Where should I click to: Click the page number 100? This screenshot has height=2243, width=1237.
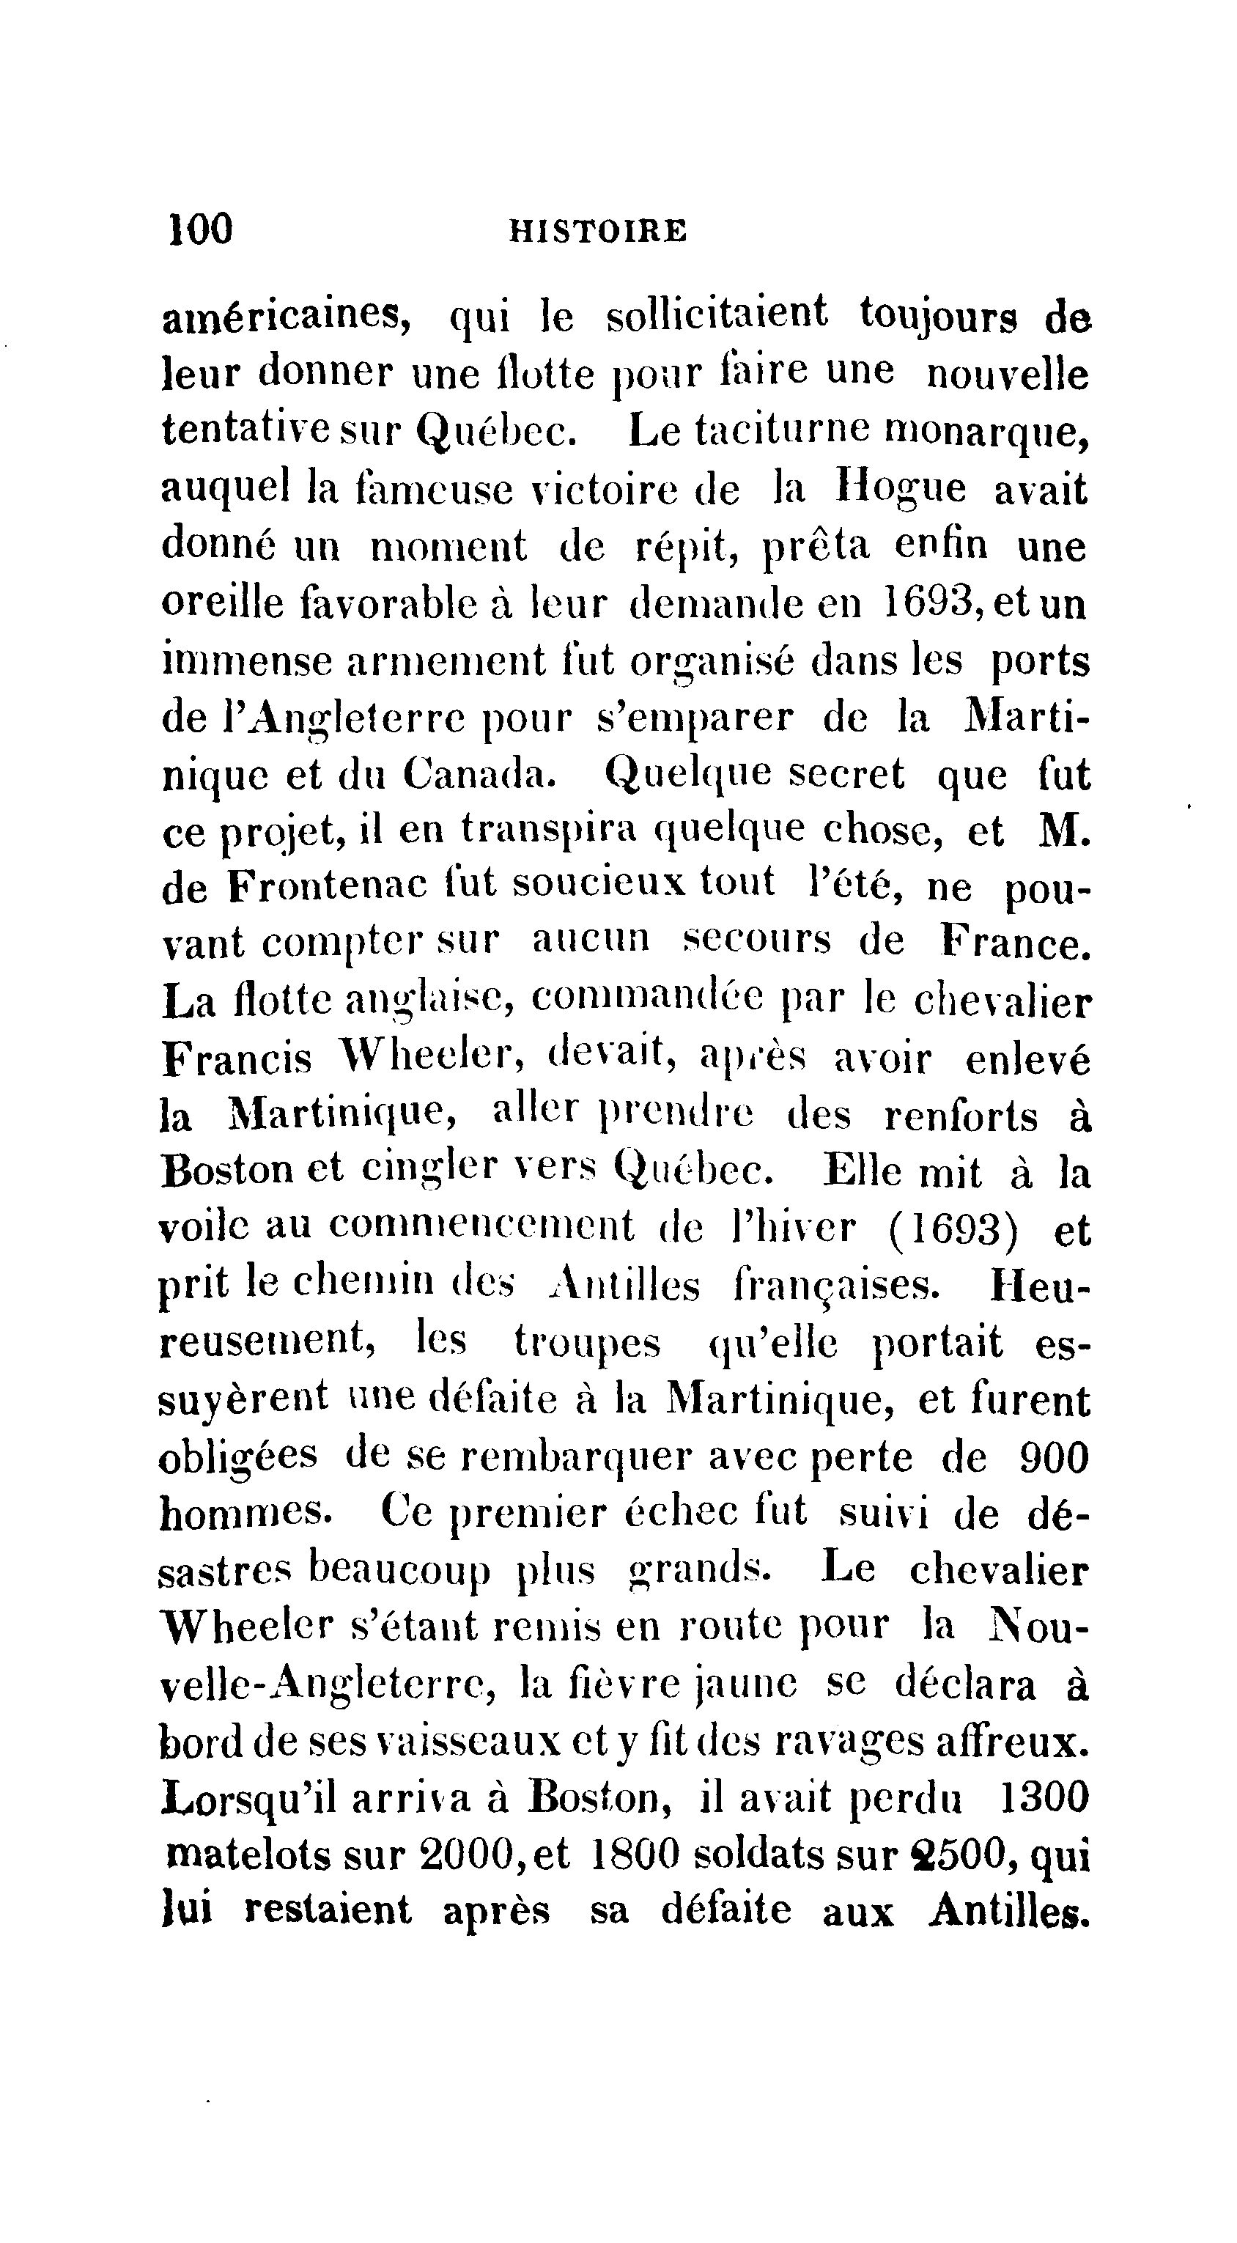(x=200, y=230)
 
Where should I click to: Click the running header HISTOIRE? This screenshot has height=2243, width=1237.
(x=597, y=232)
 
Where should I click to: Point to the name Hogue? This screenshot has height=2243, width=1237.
(x=899, y=488)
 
